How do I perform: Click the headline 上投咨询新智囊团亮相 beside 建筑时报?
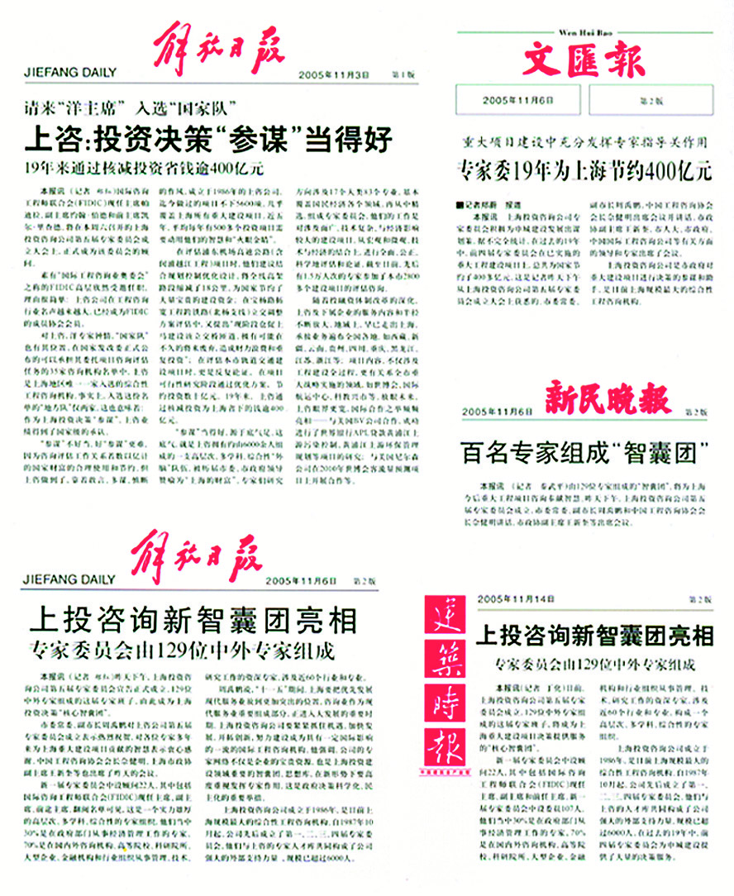(594, 635)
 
